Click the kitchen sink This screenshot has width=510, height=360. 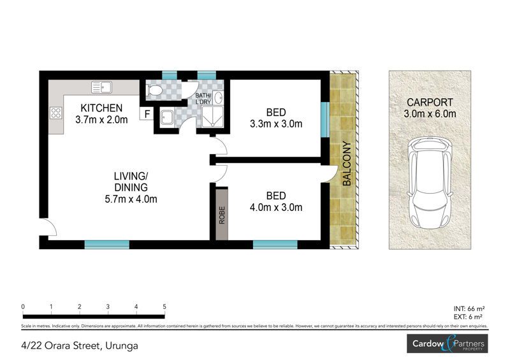pyautogui.click(x=101, y=87)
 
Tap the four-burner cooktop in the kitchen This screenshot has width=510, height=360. pyautogui.click(x=55, y=113)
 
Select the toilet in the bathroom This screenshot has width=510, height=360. pyautogui.click(x=154, y=90)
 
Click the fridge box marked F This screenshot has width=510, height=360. pyautogui.click(x=147, y=114)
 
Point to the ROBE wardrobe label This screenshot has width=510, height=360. pyautogui.click(x=222, y=215)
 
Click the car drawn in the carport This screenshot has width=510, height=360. pyautogui.click(x=430, y=183)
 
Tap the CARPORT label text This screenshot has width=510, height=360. pyautogui.click(x=430, y=102)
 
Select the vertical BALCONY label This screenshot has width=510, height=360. pyautogui.click(x=347, y=163)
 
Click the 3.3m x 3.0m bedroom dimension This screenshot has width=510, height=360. pyautogui.click(x=276, y=124)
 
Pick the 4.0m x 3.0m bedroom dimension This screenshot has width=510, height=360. pyautogui.click(x=276, y=208)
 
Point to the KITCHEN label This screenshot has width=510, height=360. pyautogui.click(x=101, y=108)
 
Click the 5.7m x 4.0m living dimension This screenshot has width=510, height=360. pyautogui.click(x=131, y=199)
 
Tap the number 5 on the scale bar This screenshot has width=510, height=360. pyautogui.click(x=164, y=306)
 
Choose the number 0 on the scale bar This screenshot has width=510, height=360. pyautogui.click(x=23, y=306)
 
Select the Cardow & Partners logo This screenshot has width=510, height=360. pyautogui.click(x=448, y=343)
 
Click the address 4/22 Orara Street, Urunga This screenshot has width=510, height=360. pyautogui.click(x=79, y=345)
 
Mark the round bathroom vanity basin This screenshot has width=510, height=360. pyautogui.click(x=219, y=97)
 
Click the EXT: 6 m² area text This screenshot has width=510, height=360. pyautogui.click(x=468, y=317)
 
